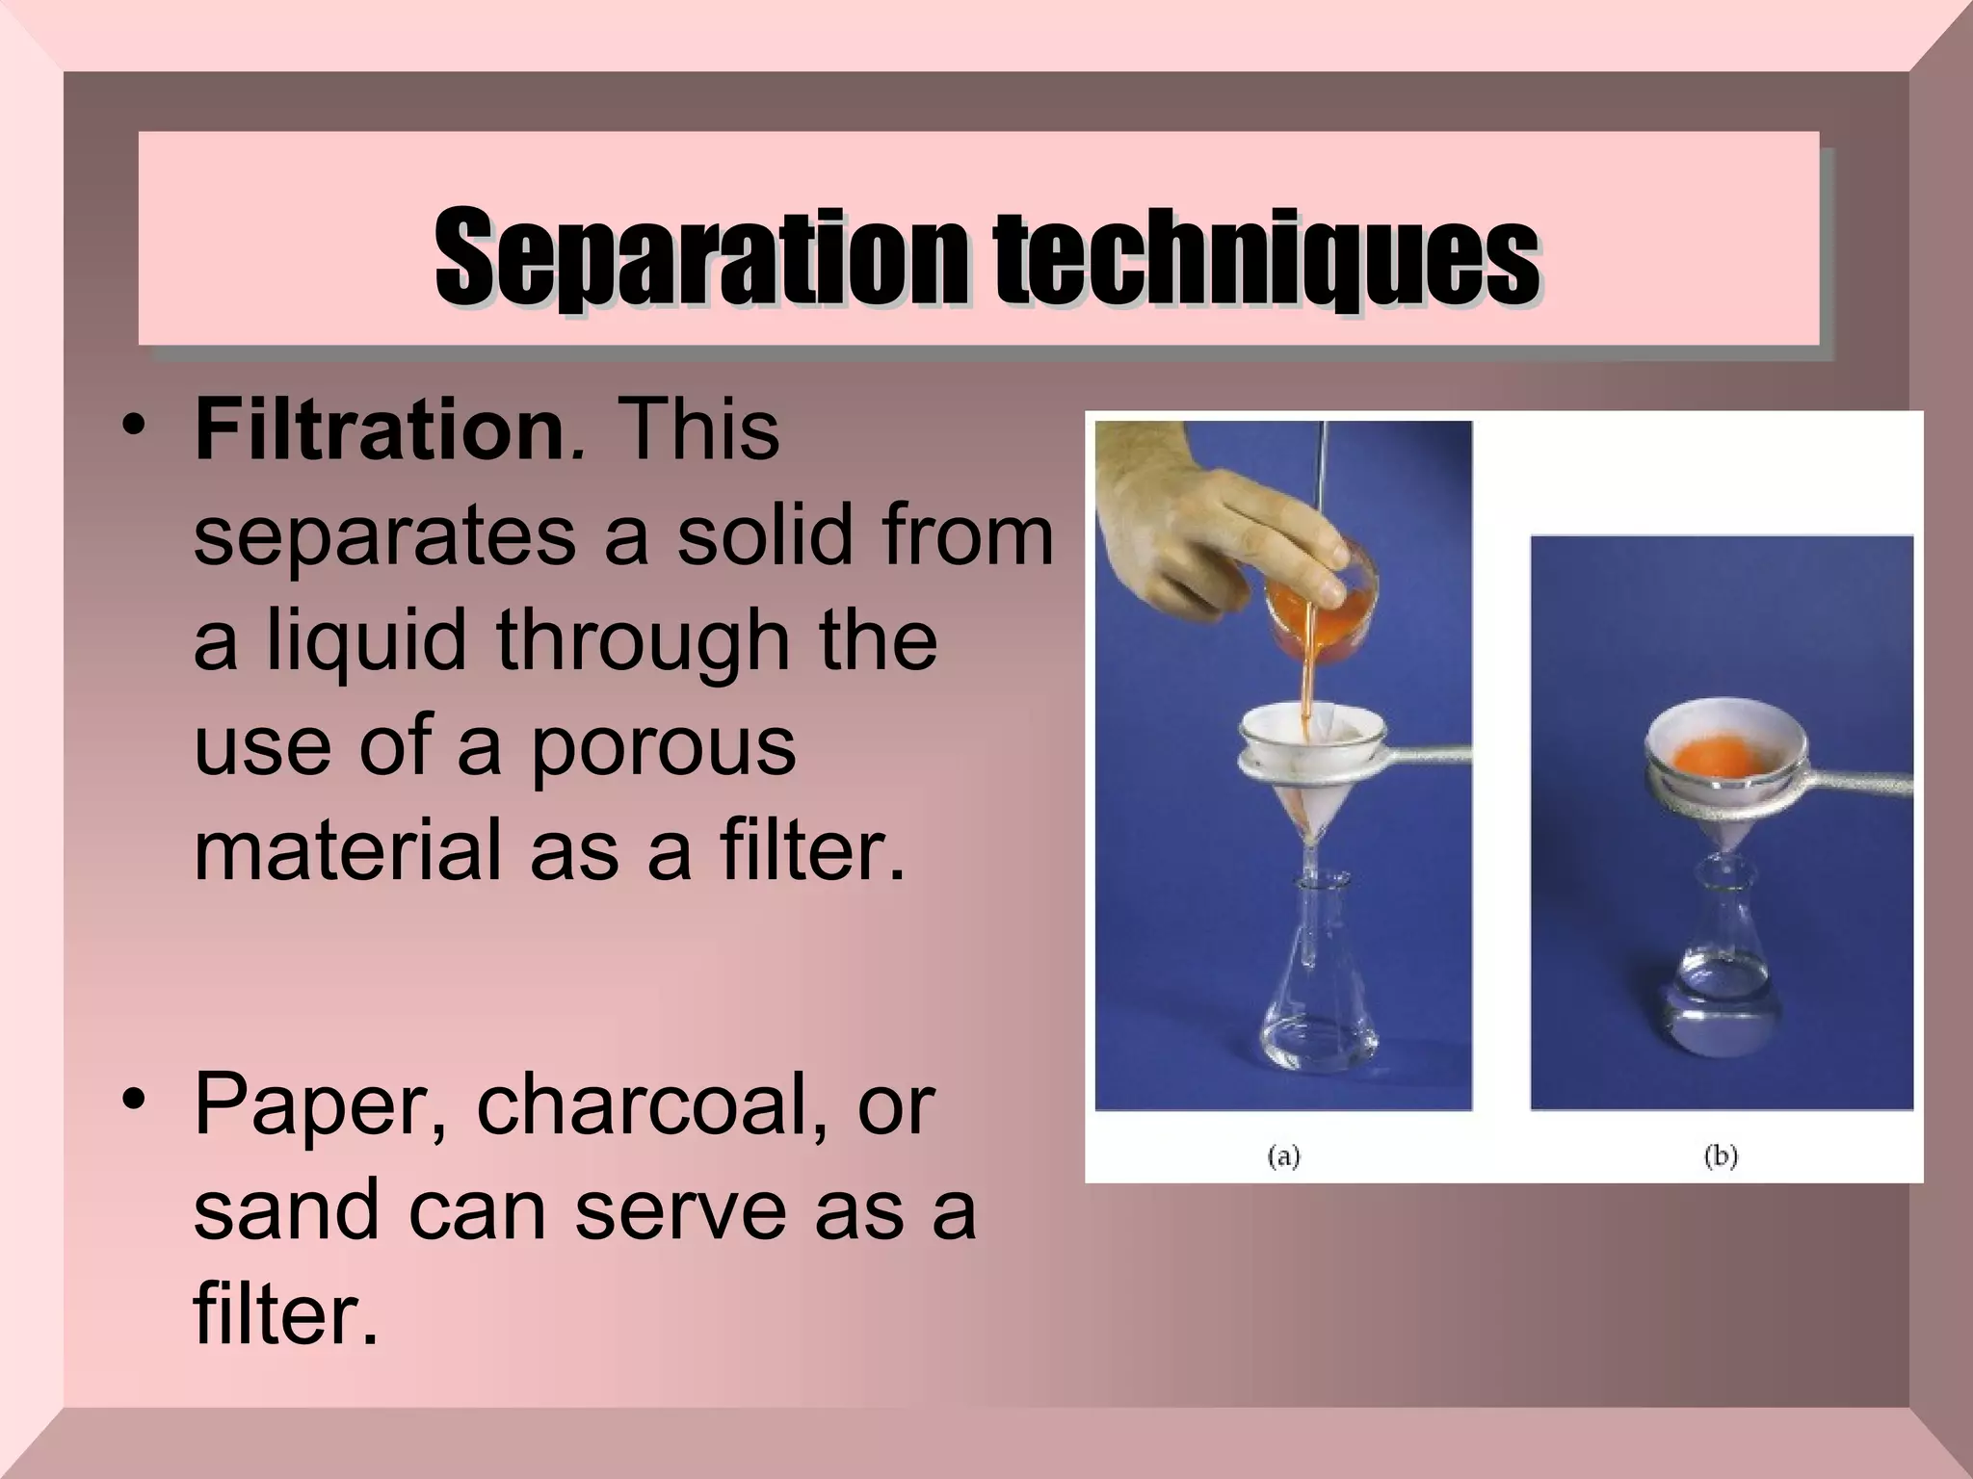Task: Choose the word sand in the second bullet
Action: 285,1209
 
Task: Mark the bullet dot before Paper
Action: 135,1100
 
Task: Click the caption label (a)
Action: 1284,1155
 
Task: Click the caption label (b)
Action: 1721,1155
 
